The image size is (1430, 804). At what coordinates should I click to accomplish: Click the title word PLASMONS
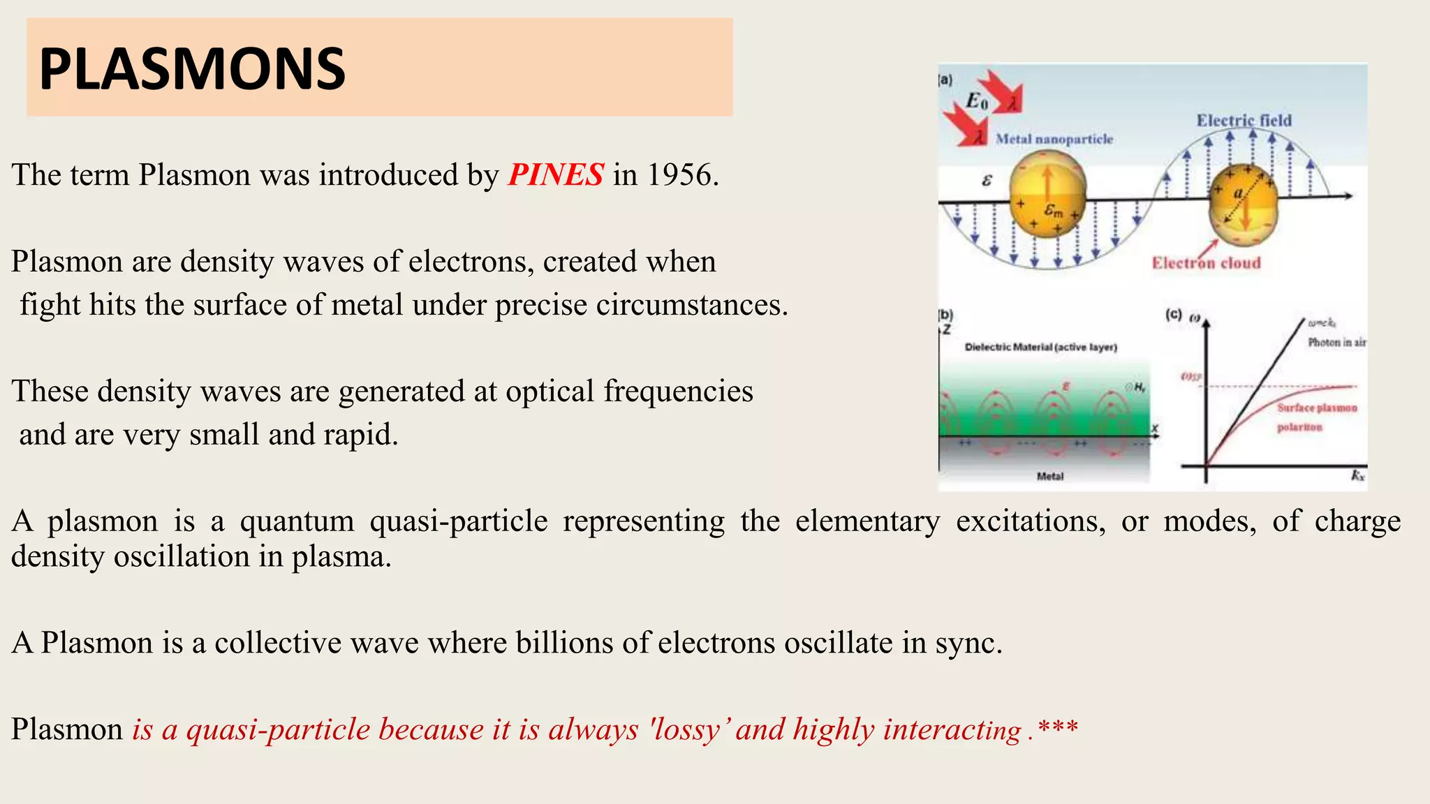point(192,69)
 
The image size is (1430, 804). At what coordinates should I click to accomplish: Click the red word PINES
point(556,174)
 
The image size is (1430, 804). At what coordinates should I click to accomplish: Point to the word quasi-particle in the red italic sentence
point(278,729)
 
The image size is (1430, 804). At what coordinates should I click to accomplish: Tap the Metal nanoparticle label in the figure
point(1054,139)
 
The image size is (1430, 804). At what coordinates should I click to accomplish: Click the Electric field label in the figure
point(1244,121)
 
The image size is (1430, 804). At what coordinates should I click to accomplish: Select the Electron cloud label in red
point(1206,263)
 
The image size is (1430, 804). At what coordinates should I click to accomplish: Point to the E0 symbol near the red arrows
point(976,102)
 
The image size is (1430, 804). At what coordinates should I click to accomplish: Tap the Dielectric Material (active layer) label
point(1040,347)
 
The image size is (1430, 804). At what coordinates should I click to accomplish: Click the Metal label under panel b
point(1049,476)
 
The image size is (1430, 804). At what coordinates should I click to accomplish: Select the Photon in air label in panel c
point(1336,342)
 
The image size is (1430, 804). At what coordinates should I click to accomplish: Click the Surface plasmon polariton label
point(1316,417)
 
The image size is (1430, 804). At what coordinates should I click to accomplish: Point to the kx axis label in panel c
point(1357,475)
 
